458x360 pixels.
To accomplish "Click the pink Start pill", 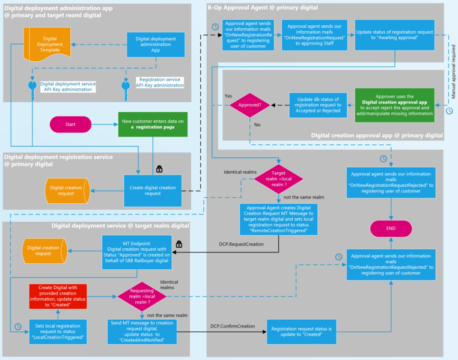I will (70, 124).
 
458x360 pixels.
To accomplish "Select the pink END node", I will (391, 229).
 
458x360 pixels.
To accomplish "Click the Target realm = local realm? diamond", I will (279, 177).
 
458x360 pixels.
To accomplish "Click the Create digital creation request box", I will (153, 190).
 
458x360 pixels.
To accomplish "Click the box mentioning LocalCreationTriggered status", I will (58, 331).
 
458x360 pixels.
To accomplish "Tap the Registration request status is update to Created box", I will (301, 331).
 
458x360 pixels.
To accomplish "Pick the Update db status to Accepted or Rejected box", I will (319, 105).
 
